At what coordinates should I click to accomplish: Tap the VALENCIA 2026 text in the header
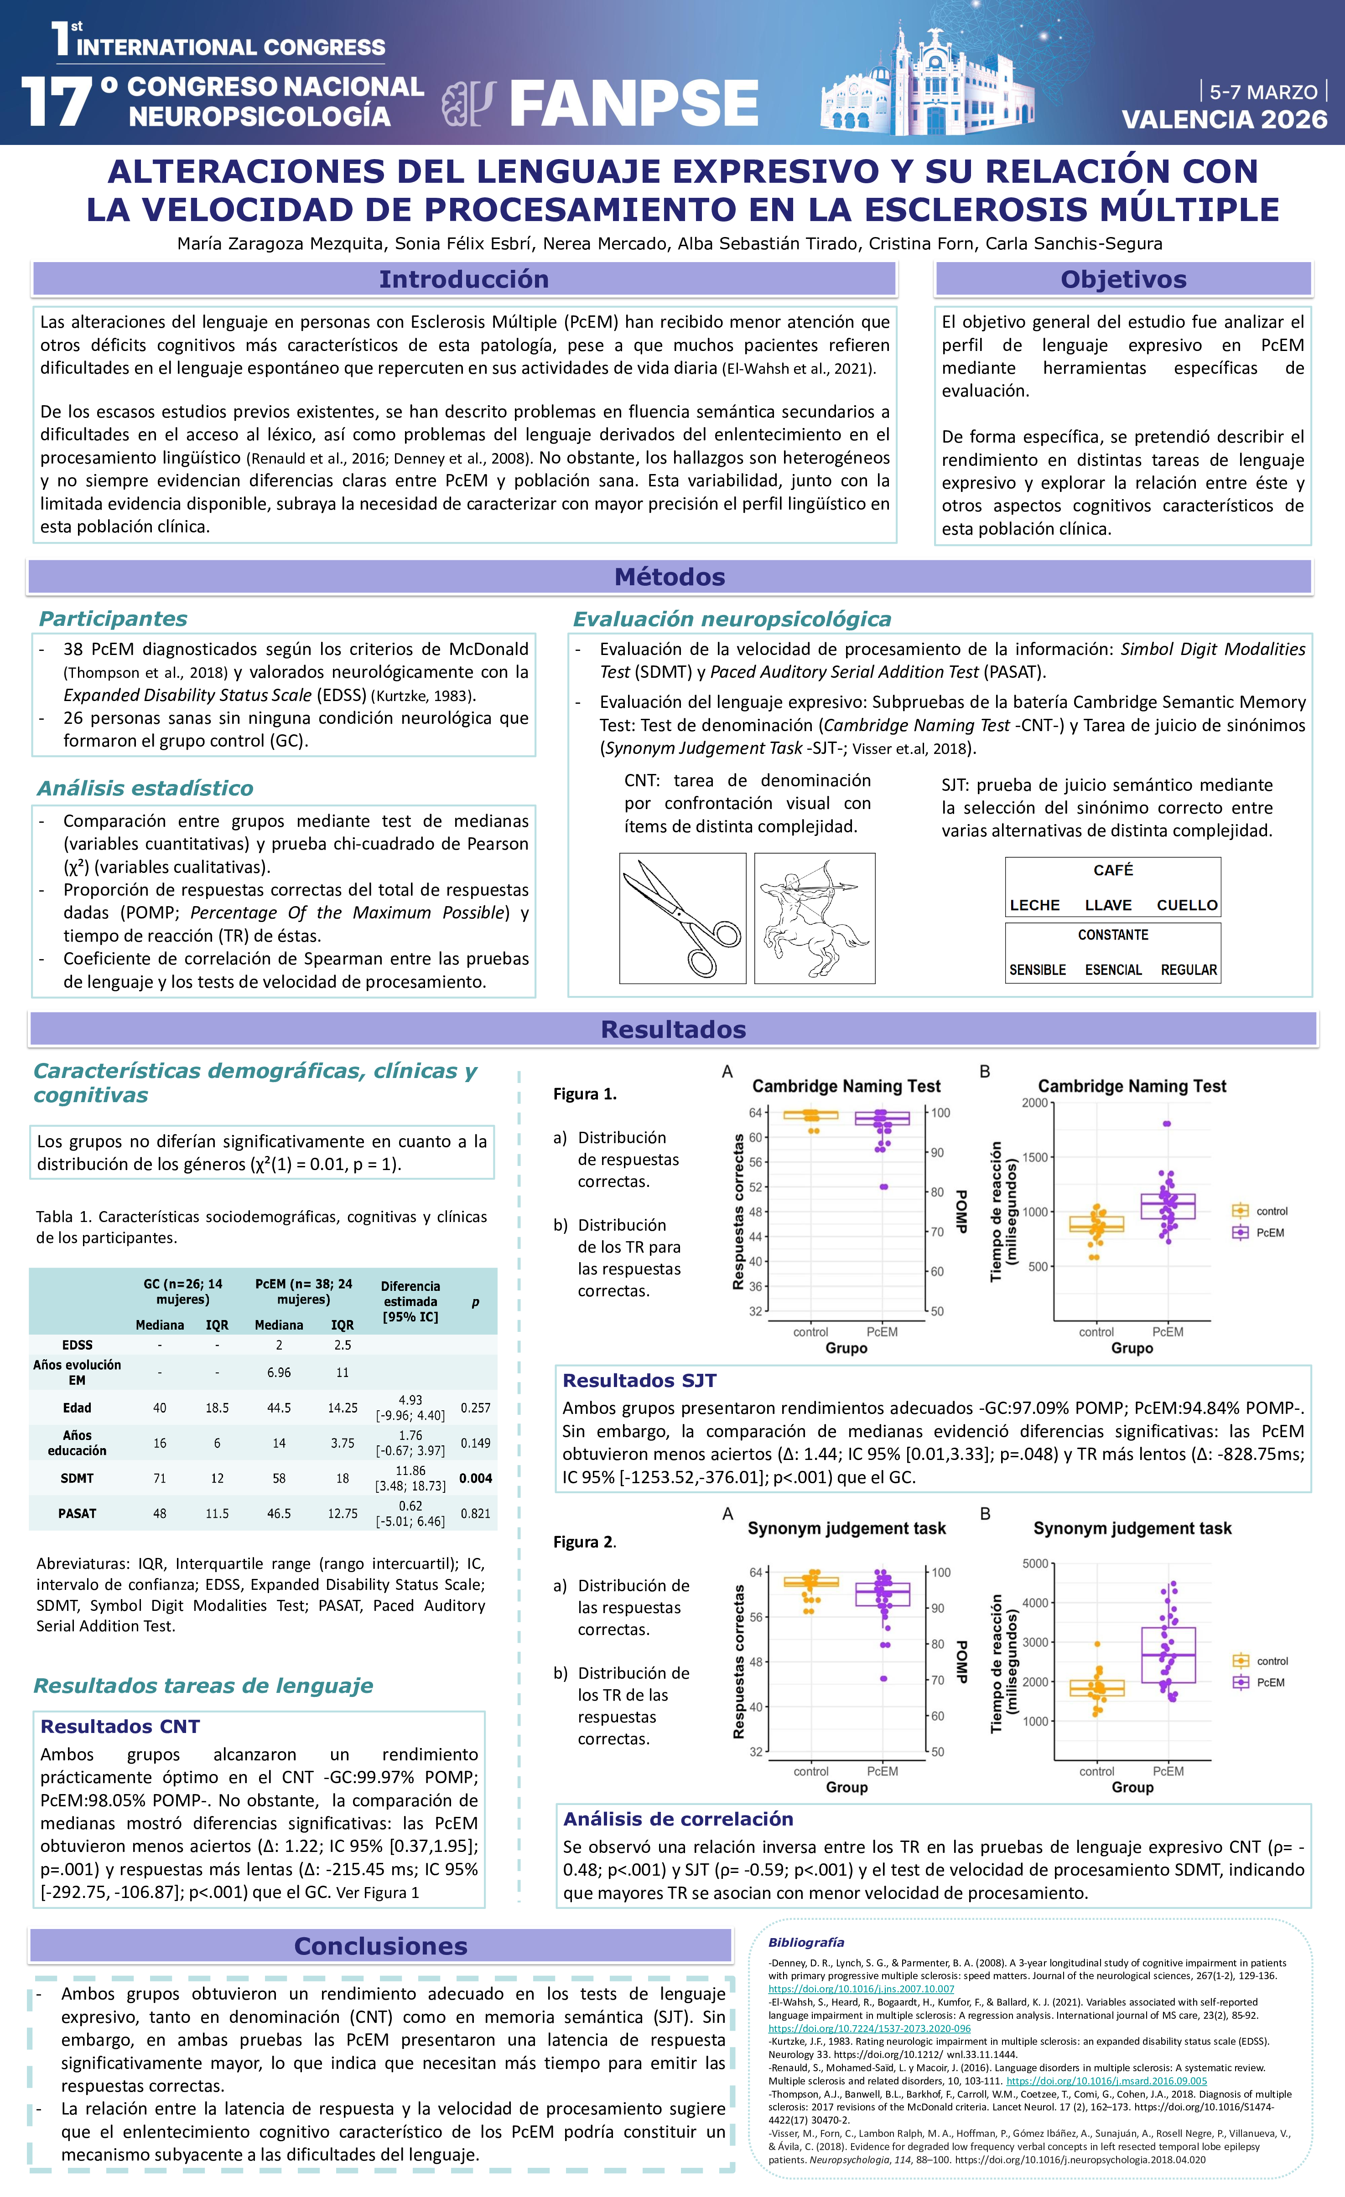click(1224, 119)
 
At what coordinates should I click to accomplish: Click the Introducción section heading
click(464, 279)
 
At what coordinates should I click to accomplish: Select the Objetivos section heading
click(1123, 279)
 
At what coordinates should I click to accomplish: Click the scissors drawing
click(682, 918)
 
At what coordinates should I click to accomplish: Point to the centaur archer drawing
click(814, 918)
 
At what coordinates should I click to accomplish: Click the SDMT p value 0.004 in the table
click(475, 1478)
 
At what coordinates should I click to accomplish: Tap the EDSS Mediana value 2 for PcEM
click(279, 1345)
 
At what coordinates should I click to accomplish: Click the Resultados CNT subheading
click(119, 1726)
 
